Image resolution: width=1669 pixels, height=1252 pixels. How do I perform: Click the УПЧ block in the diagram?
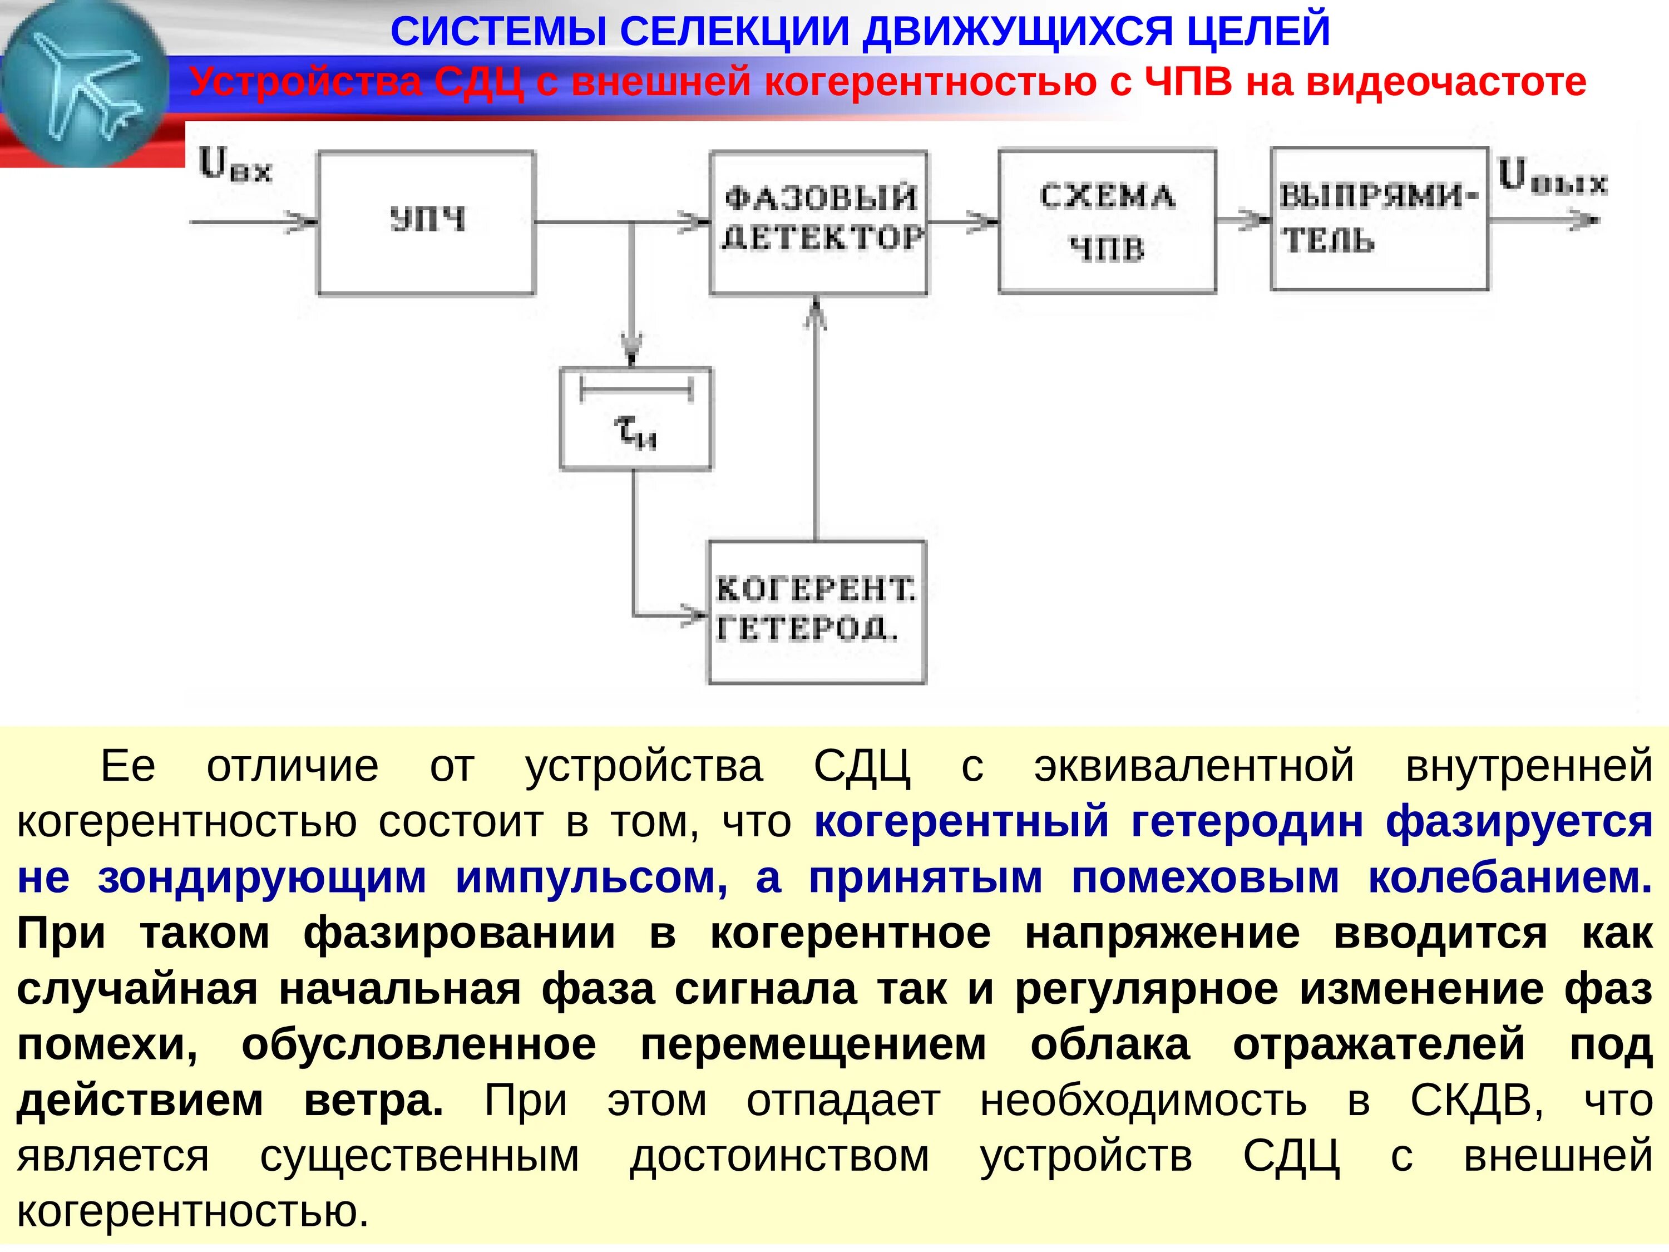426,222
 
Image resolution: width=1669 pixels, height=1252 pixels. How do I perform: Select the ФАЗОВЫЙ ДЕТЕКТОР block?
819,222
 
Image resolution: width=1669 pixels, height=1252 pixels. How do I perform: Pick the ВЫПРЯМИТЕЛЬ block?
1379,219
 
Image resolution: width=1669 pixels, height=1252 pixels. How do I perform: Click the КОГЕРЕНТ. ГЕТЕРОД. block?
816,612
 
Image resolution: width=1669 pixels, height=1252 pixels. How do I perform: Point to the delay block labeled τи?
635,419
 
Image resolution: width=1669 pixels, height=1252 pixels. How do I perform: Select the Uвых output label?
1552,178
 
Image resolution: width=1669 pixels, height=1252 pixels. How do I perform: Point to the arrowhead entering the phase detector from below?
816,313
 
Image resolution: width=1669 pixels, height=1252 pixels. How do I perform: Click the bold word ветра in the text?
373,1100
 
